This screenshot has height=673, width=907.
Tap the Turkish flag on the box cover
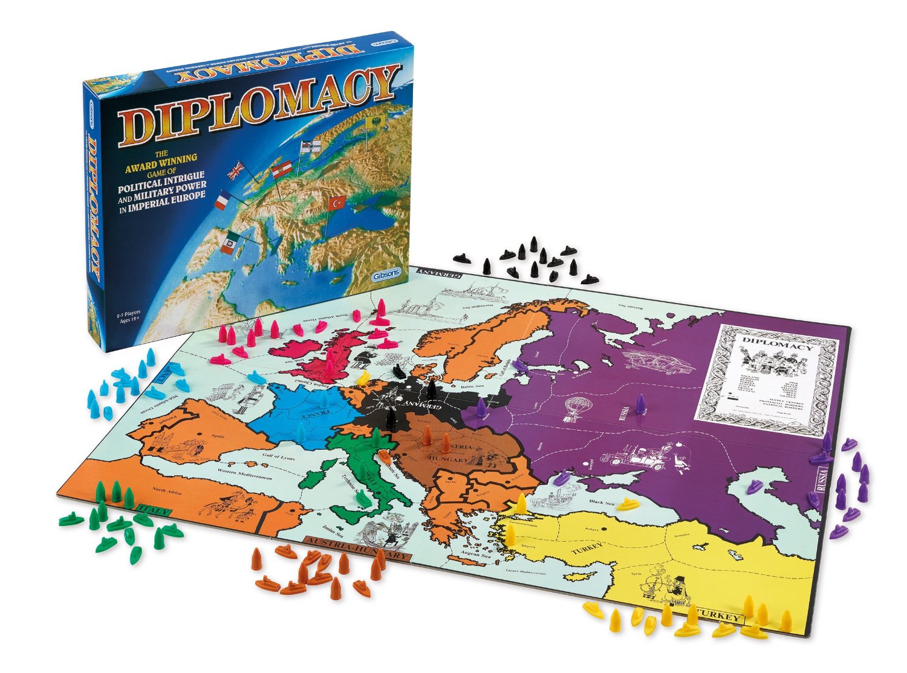click(336, 203)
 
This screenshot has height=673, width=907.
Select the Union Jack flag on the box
click(235, 171)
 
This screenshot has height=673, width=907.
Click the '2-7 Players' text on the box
click(129, 314)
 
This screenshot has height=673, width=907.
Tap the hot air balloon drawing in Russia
click(570, 409)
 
